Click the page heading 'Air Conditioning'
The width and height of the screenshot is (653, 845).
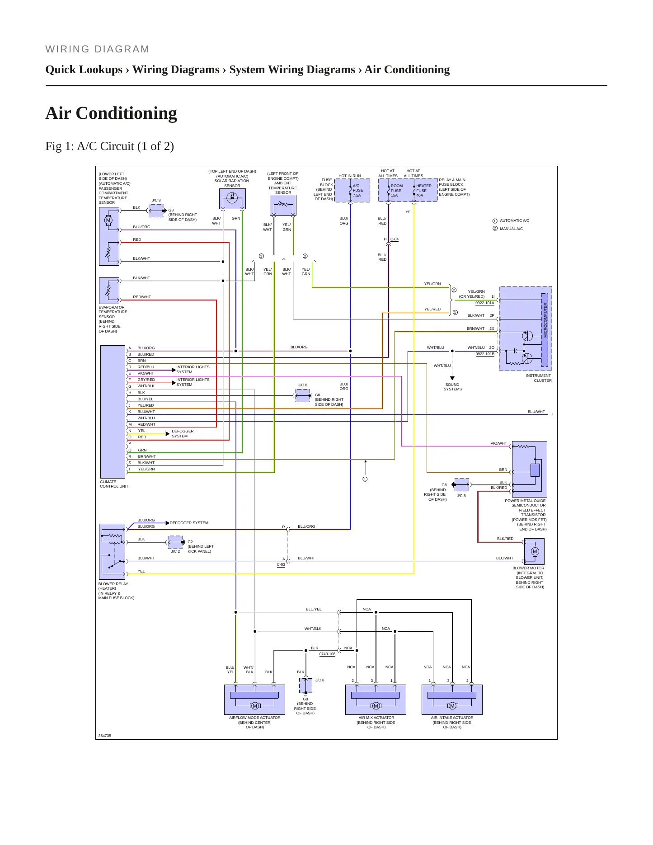click(x=111, y=113)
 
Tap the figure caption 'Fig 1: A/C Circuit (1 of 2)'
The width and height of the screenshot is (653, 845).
click(x=110, y=146)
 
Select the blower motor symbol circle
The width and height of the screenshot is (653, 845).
click(x=535, y=551)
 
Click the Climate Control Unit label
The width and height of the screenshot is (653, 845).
click(x=114, y=484)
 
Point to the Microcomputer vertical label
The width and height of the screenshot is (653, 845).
click(x=545, y=320)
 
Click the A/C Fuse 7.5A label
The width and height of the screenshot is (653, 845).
click(x=357, y=190)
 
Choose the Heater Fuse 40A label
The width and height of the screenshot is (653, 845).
click(x=424, y=190)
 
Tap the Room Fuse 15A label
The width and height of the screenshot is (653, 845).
click(x=396, y=190)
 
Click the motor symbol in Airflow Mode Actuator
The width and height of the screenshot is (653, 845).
click(x=254, y=706)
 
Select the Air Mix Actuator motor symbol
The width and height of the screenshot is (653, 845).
click(x=376, y=706)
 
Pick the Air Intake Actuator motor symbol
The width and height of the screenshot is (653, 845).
click(x=452, y=706)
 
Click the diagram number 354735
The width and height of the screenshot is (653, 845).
click(x=105, y=736)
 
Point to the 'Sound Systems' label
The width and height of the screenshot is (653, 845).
click(x=452, y=387)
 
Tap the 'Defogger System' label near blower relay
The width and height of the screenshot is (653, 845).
click(x=189, y=523)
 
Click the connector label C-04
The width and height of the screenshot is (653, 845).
click(x=395, y=239)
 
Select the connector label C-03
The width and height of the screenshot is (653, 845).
click(x=281, y=564)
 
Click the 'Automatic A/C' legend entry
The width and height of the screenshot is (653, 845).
click(x=511, y=221)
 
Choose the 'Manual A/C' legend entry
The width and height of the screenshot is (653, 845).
click(x=507, y=229)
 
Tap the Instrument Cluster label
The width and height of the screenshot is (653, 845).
click(x=539, y=378)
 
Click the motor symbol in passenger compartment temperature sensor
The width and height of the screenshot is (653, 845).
click(x=108, y=220)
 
